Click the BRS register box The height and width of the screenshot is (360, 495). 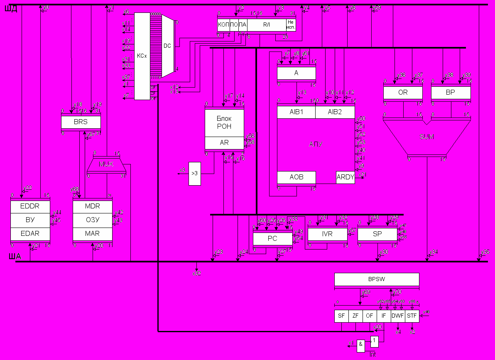pyautogui.click(x=81, y=122)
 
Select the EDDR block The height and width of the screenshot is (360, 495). pyautogui.click(x=30, y=206)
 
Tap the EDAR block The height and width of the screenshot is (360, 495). pyautogui.click(x=30, y=234)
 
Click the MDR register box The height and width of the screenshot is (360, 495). pyautogui.click(x=92, y=206)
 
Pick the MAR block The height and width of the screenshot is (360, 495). pyautogui.click(x=92, y=234)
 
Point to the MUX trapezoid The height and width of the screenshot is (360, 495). pyautogui.click(x=106, y=164)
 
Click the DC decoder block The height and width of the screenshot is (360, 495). pyautogui.click(x=167, y=46)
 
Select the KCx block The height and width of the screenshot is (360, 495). pyautogui.click(x=142, y=56)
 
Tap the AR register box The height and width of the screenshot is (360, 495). pyautogui.click(x=224, y=143)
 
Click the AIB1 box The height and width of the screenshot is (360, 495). pyautogui.click(x=296, y=112)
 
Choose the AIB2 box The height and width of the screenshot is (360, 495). pyautogui.click(x=335, y=112)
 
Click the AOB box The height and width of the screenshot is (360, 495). pyautogui.click(x=296, y=177)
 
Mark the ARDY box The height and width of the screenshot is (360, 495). pyautogui.click(x=346, y=177)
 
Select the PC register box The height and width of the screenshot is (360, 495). pyautogui.click(x=272, y=239)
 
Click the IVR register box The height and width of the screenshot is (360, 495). pyautogui.click(x=327, y=234)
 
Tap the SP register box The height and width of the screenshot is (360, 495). pyautogui.click(x=377, y=234)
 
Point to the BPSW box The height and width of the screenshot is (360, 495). pyautogui.click(x=377, y=279)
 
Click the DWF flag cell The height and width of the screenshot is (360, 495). pyautogui.click(x=398, y=316)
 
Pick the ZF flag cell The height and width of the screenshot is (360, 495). pyautogui.click(x=355, y=316)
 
